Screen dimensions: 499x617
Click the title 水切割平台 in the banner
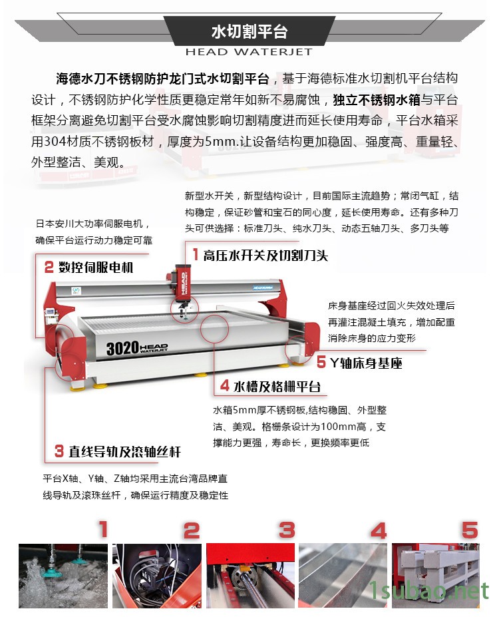tap(249, 31)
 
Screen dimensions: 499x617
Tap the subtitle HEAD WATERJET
tap(249, 51)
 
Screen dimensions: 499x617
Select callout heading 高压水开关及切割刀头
tap(265, 256)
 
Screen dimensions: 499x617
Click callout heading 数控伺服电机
tap(96, 268)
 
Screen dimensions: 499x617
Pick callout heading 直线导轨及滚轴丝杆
tap(124, 451)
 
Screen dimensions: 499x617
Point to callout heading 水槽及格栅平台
tap(277, 387)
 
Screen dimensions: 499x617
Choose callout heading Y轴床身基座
tap(366, 363)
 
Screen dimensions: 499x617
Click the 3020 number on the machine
tap(122, 348)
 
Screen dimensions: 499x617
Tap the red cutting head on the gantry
tap(182, 284)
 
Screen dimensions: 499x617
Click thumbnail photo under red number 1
tap(63, 576)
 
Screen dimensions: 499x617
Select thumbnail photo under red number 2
tap(157, 576)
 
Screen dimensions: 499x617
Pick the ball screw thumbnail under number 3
tap(250, 576)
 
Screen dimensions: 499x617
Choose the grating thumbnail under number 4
tap(343, 576)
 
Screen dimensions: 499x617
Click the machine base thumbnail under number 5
tap(436, 576)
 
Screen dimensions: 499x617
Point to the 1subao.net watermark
tap(428, 591)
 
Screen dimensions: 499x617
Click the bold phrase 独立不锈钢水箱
tap(377, 100)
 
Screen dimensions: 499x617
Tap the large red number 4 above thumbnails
tap(379, 530)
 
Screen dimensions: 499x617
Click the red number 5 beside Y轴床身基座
tap(321, 362)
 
